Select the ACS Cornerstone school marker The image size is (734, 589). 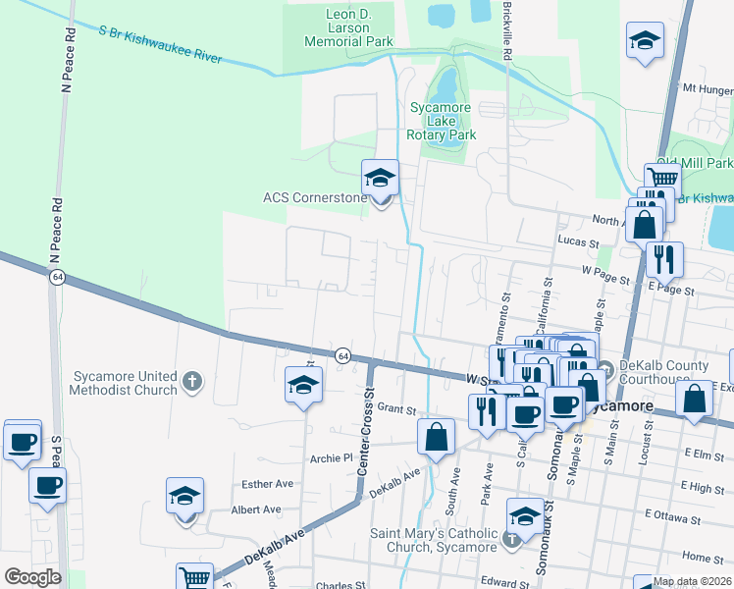381,180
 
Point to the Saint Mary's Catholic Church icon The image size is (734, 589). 510,539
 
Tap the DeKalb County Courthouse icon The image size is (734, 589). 604,369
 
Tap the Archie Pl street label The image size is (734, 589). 331,457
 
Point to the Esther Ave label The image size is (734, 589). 268,484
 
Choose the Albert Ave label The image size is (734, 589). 256,509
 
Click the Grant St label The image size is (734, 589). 391,407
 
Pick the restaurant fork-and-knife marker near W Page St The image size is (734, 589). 664,260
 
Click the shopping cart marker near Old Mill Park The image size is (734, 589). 662,179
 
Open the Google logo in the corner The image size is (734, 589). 32,577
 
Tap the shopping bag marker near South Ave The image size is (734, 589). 436,435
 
